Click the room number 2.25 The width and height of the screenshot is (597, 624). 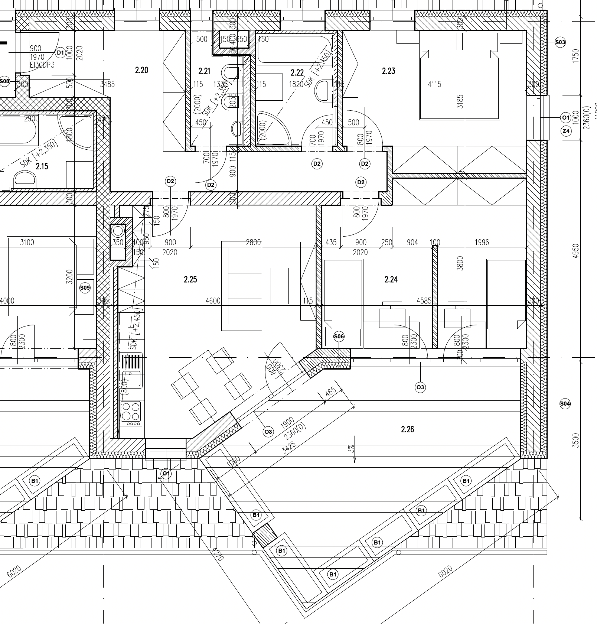click(x=190, y=279)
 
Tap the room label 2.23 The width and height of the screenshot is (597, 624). click(x=388, y=71)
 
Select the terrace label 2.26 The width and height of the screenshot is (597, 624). click(x=407, y=429)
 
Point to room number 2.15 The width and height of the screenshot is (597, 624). click(x=42, y=166)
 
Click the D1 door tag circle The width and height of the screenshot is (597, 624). click(x=60, y=53)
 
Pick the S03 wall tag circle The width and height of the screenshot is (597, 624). click(x=560, y=42)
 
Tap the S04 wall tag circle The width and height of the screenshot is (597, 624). click(x=564, y=403)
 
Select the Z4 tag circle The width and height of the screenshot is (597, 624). click(x=566, y=131)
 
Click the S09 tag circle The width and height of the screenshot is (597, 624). click(x=85, y=287)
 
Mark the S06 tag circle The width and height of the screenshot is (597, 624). click(x=339, y=337)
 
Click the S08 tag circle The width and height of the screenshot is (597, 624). click(x=4, y=81)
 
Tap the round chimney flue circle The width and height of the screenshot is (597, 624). click(x=118, y=231)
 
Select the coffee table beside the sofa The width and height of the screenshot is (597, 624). click(x=280, y=286)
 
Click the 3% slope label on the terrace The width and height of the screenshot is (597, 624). click(x=350, y=449)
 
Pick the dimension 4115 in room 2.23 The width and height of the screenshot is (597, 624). click(x=434, y=84)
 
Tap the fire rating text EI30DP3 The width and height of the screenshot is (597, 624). click(x=42, y=65)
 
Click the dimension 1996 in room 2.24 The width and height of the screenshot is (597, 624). click(x=482, y=242)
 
